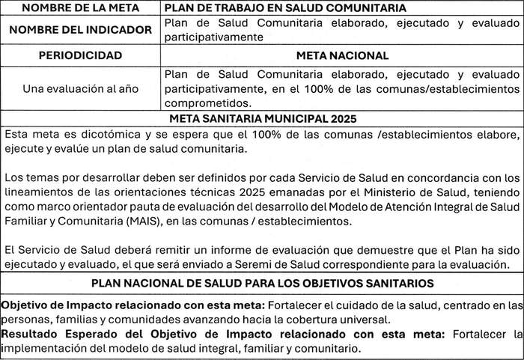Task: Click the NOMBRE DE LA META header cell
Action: pyautogui.click(x=81, y=8)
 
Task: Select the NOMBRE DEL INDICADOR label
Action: pyautogui.click(x=81, y=31)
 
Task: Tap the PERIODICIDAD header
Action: pyautogui.click(x=81, y=55)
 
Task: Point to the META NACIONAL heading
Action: pyautogui.click(x=342, y=55)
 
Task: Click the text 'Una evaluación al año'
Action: pyautogui.click(x=81, y=88)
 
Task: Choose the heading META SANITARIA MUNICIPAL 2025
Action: pyautogui.click(x=263, y=118)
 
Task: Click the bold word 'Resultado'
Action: pyautogui.click(x=30, y=334)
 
